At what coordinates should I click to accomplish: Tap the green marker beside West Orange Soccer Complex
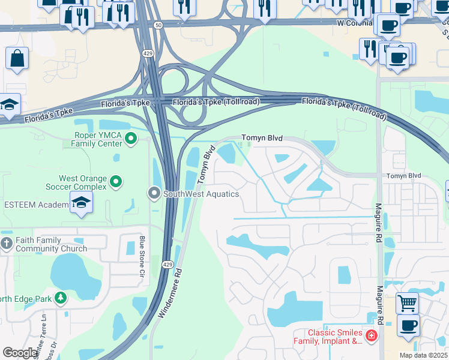(x=117, y=180)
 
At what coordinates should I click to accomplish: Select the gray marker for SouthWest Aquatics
(x=154, y=193)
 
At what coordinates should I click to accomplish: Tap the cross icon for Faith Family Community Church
(x=7, y=244)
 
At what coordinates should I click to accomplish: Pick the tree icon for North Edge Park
(x=61, y=298)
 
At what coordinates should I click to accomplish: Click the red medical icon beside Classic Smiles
(x=372, y=335)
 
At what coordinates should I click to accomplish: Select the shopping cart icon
(x=408, y=302)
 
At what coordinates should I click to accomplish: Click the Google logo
(x=20, y=353)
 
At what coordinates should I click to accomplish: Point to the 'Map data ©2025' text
(x=424, y=355)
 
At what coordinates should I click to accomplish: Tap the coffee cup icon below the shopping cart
(x=408, y=325)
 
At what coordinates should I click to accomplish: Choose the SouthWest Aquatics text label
(x=201, y=194)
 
